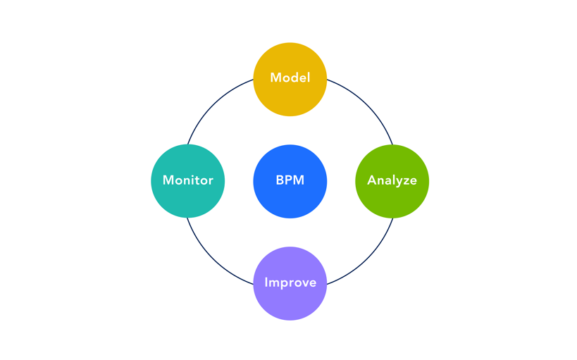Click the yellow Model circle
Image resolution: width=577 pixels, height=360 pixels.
coord(290,95)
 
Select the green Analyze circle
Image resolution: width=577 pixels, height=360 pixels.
coord(392,199)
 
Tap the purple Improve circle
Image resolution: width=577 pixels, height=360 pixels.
coord(290,302)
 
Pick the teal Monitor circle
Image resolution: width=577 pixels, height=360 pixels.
coord(187,199)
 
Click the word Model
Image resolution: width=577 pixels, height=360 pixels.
coord(290,78)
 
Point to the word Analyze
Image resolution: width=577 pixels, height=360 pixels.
coord(392,181)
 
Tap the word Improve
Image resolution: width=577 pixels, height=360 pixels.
coord(290,283)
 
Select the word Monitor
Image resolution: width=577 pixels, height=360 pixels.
coord(187,180)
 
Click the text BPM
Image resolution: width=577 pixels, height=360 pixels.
coord(290,180)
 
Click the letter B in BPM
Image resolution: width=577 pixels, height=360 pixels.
coord(280,180)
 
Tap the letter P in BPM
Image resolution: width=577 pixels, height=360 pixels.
coord(289,180)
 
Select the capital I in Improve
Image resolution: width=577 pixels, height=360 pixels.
coord(266,283)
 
